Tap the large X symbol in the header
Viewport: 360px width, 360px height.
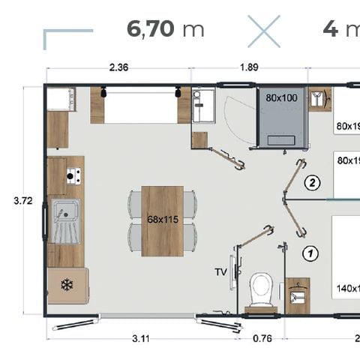pos(263,31)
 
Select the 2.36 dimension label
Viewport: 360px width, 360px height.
pos(118,67)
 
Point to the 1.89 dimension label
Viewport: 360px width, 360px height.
pos(249,67)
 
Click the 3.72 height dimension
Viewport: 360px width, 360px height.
pos(24,200)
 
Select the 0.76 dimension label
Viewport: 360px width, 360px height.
pos(262,338)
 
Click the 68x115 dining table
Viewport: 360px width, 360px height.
pos(163,220)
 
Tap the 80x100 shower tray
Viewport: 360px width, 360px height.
pos(281,116)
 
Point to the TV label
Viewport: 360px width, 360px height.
pos(220,271)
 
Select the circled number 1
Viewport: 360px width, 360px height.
pos(310,253)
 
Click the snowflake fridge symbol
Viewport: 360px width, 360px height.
pos(65,286)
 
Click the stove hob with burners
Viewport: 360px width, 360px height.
pos(73,176)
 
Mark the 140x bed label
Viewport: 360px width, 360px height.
pos(346,287)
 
